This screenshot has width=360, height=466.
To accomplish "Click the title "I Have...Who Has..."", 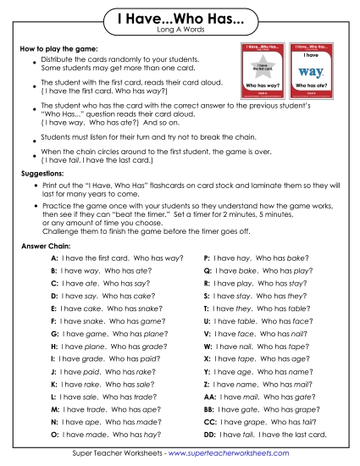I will click(180, 19).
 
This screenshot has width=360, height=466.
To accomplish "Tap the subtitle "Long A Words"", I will click(180, 31).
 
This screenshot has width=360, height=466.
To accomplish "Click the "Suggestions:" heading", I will click(42, 171).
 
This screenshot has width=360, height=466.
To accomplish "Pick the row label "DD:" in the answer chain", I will click(209, 434).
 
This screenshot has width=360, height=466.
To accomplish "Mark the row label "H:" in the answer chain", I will click(54, 346).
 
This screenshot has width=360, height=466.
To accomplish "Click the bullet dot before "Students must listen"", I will click(32, 137).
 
